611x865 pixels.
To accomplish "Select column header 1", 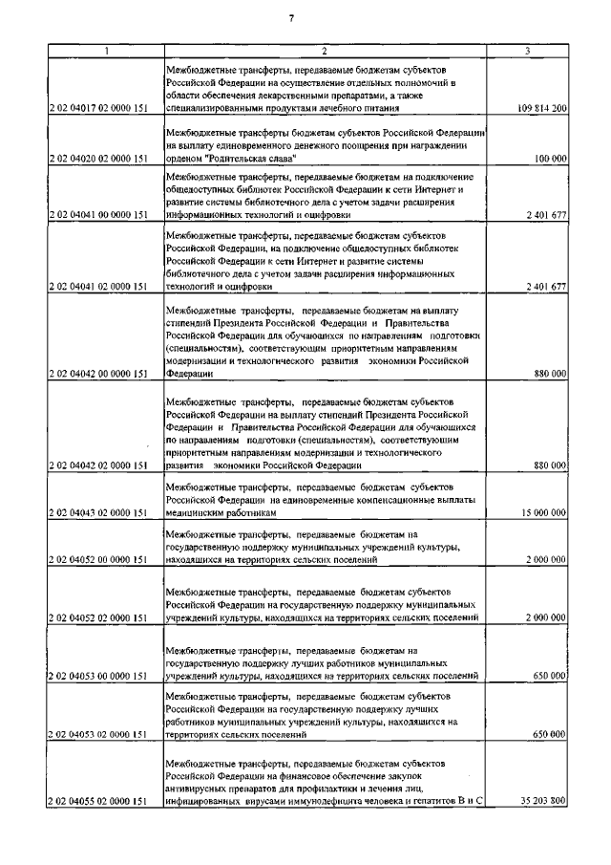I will (x=105, y=50).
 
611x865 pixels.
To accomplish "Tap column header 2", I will (x=324, y=50).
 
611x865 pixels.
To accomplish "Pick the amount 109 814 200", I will (x=540, y=110).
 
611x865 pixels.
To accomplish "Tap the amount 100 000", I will (x=552, y=159).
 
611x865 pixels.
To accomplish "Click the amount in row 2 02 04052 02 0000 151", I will (x=547, y=618).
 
